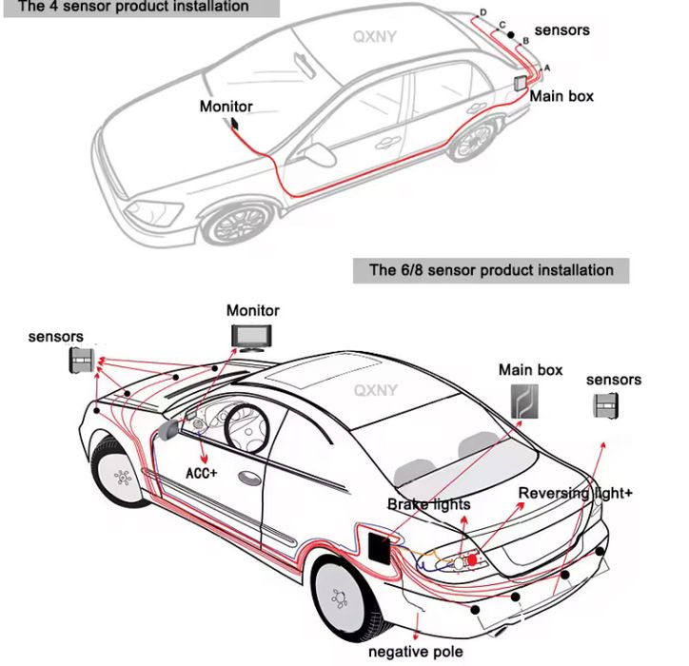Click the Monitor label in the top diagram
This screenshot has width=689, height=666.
226,107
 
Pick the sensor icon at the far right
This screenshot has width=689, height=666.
605,406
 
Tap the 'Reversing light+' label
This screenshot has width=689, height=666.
575,493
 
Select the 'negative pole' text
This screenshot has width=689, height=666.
416,652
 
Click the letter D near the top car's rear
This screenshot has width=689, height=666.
483,11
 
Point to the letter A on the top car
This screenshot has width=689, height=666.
546,68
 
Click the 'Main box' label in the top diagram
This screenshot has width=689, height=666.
561,96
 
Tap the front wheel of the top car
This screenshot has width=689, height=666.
237,223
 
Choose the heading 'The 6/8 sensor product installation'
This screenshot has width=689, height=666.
491,270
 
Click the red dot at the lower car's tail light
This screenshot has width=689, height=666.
472,562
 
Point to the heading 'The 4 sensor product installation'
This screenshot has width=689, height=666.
133,7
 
